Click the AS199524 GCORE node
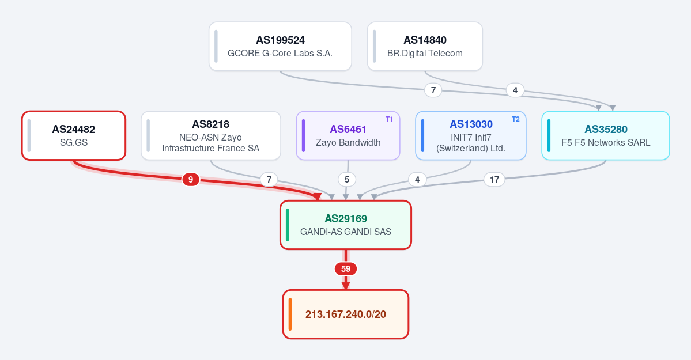(x=280, y=46)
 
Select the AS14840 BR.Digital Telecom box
(x=425, y=46)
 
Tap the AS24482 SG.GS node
(x=74, y=136)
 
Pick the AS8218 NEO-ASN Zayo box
(x=211, y=136)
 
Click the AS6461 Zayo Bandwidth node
(x=348, y=136)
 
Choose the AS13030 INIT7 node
(x=471, y=136)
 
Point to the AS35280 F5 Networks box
(x=606, y=136)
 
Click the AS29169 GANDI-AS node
(x=346, y=225)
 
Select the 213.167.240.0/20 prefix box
(x=346, y=314)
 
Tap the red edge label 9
(x=190, y=179)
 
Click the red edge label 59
(x=346, y=269)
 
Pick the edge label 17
(x=494, y=179)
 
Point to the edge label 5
(x=347, y=179)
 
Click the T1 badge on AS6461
(x=389, y=119)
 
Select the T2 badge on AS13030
(x=516, y=119)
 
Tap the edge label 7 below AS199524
(x=433, y=90)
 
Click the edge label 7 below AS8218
(x=269, y=179)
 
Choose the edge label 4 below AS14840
(x=515, y=90)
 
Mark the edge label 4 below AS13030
(x=417, y=179)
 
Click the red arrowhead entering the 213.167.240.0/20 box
(x=346, y=286)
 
